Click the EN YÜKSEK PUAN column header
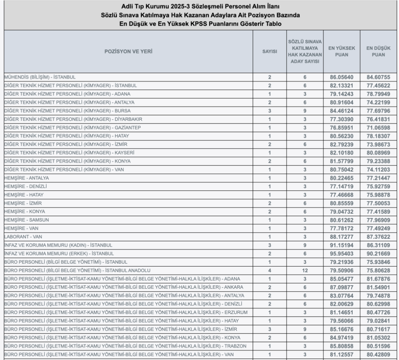click(341, 51)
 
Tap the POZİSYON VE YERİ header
click(128, 51)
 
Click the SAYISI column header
click(269, 51)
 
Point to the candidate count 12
click(305, 270)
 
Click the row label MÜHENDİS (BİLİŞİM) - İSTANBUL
click(40, 77)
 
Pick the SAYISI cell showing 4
click(269, 270)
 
